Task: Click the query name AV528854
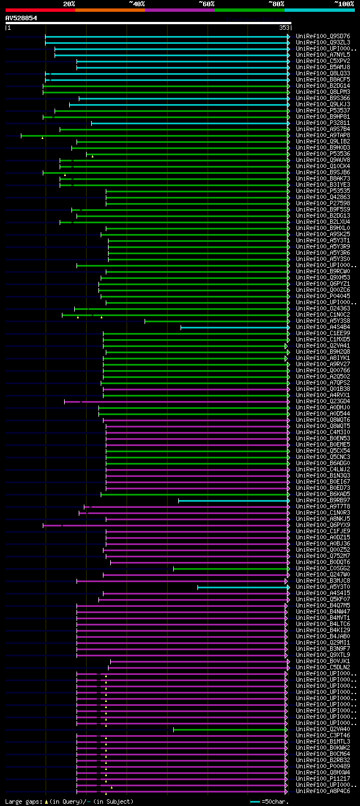pyautogui.click(x=21, y=18)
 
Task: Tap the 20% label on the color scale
pyautogui.click(x=69, y=3)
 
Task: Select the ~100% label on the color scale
pyautogui.click(x=344, y=3)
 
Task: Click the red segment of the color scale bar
pyautogui.click(x=40, y=10)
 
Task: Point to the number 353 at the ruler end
pyautogui.click(x=284, y=27)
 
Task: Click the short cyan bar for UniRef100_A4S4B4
pyautogui.click(x=233, y=327)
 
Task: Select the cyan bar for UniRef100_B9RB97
pyautogui.click(x=233, y=500)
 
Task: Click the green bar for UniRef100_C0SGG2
pyautogui.click(x=230, y=569)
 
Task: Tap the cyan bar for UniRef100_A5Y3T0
pyautogui.click(x=242, y=587)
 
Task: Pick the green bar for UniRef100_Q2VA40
pyautogui.click(x=230, y=730)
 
